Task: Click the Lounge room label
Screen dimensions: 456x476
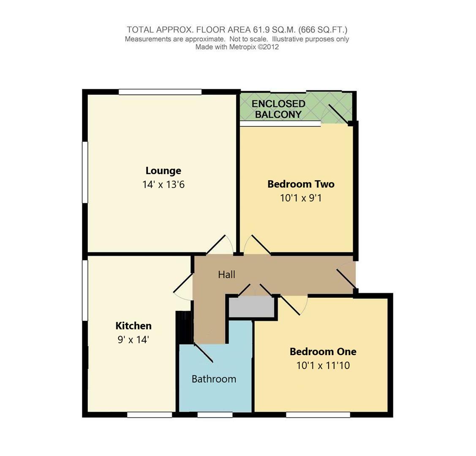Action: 163,171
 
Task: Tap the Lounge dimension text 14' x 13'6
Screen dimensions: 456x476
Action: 163,185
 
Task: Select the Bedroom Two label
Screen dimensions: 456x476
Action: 301,184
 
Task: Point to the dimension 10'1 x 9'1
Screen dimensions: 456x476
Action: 301,198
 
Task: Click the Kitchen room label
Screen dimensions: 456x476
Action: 133,326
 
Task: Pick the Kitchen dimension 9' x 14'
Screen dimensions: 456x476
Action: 133,339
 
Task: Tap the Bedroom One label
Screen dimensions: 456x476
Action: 323,351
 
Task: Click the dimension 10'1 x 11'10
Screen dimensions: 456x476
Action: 323,365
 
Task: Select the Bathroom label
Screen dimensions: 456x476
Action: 214,379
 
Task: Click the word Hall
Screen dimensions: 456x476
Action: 226,274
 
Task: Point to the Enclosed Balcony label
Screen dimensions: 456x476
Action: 278,109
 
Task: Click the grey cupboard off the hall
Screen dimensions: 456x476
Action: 251,307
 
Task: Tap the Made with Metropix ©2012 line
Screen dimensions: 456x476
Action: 237,47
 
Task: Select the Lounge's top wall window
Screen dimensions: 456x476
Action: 160,92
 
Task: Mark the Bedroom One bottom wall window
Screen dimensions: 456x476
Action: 318,415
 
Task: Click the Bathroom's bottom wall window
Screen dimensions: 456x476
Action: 215,415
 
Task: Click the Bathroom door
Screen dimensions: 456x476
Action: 204,353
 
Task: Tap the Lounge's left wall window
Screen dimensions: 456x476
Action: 85,172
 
